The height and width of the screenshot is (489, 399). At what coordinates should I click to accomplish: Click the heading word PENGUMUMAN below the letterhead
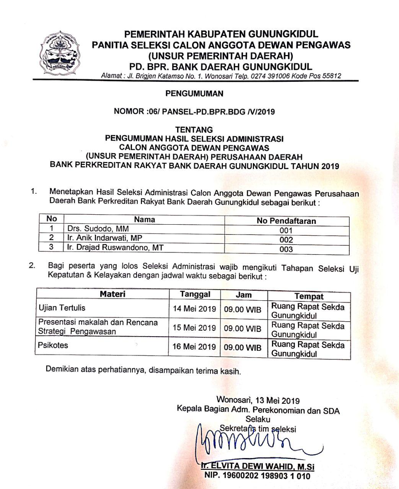tap(194, 93)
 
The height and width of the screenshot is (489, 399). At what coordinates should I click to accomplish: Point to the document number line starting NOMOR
tap(194, 112)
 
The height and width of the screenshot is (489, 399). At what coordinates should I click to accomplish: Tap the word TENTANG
tap(194, 130)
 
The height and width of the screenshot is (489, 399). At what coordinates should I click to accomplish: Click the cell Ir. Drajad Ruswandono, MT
tap(115, 248)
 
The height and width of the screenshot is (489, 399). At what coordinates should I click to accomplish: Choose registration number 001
tap(286, 230)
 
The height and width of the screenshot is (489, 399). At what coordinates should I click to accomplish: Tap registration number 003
tap(286, 249)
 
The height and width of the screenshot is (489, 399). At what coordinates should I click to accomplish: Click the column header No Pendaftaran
tap(286, 221)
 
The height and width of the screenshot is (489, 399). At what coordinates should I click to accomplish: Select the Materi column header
tap(112, 294)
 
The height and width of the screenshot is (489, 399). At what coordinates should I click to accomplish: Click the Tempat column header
tap(309, 296)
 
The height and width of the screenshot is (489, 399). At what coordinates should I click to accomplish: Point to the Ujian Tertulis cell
tap(62, 308)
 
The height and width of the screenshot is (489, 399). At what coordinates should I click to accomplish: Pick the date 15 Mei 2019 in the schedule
tap(194, 328)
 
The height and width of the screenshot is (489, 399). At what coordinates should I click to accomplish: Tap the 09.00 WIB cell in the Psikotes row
tap(243, 347)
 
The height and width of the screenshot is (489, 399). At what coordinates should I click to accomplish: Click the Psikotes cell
tap(53, 345)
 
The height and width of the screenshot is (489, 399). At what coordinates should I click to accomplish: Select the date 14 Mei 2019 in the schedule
tap(194, 309)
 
